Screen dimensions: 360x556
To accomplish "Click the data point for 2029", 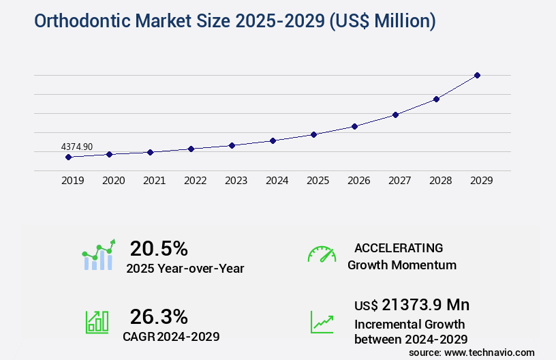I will [x=477, y=75].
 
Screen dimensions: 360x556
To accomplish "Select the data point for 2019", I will [x=68, y=157].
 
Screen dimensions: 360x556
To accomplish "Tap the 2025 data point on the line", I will [x=313, y=134].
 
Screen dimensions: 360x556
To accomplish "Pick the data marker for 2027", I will [x=395, y=115].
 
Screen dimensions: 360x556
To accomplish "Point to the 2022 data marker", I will [x=191, y=149].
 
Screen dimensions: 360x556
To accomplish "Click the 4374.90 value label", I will [x=77, y=147].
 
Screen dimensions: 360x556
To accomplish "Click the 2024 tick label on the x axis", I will [x=277, y=181].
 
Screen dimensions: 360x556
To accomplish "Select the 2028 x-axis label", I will [x=440, y=181].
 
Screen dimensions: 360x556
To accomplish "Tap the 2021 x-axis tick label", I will [x=154, y=181].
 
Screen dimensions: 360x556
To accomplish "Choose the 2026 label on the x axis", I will [x=358, y=181].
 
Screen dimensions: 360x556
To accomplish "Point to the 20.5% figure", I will [x=159, y=247].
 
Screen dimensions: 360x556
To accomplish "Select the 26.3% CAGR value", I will [x=159, y=316].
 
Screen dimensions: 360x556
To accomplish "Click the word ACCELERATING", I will [x=399, y=247].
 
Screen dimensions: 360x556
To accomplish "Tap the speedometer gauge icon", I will [x=322, y=254].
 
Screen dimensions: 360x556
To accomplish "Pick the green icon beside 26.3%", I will [x=97, y=321].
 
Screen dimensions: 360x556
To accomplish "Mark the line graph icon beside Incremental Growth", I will [x=322, y=321].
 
